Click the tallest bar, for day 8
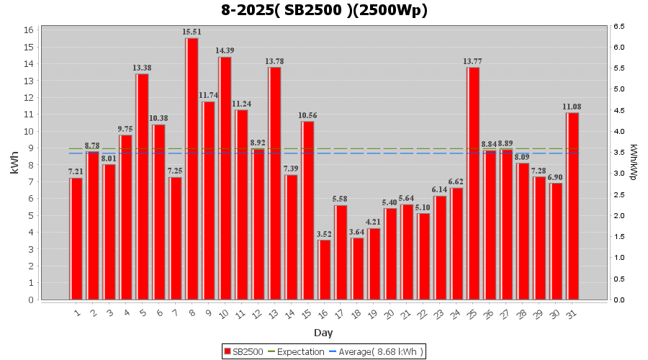tap(192, 168)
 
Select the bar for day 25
tap(473, 184)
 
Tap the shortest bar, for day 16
tap(324, 269)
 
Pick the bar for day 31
tap(572, 206)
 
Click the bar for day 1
tap(76, 238)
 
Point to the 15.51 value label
tap(192, 32)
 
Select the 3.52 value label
tap(324, 234)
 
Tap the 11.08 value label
tap(572, 107)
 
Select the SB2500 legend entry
tap(243, 351)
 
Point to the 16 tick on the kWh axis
tap(29, 30)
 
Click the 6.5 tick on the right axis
tap(618, 26)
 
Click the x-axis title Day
tap(323, 333)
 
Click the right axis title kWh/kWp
tap(634, 162)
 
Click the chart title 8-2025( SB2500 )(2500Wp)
tap(324, 10)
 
